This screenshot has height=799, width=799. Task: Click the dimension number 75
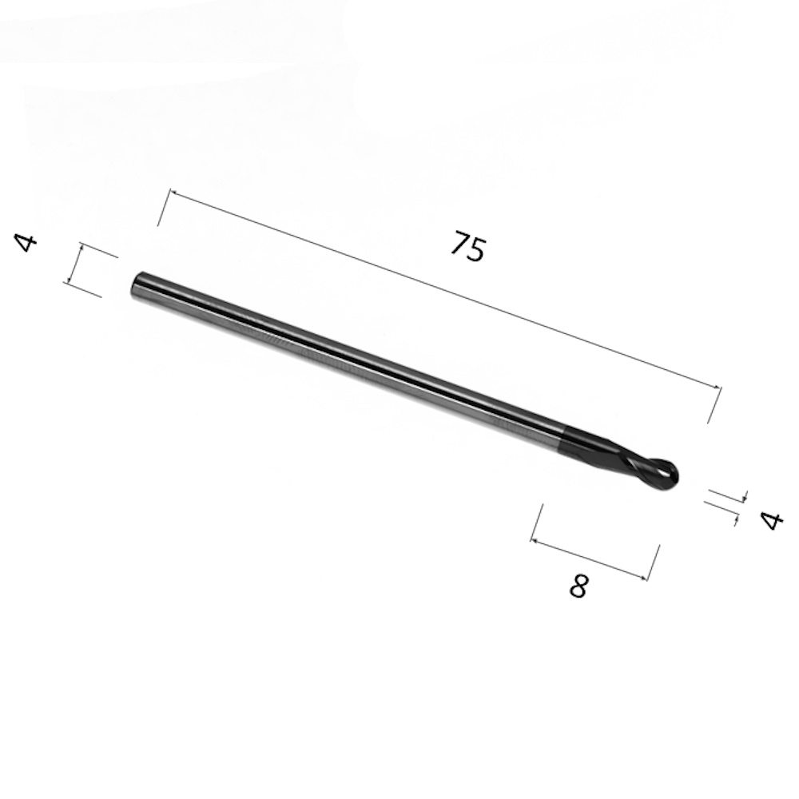468,247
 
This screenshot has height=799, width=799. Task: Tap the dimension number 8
578,586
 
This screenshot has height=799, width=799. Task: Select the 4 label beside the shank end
26,243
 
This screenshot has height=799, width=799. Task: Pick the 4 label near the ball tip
772,521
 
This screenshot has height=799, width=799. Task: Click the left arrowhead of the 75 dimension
173,193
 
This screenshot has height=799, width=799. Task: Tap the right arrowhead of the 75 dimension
718,388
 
